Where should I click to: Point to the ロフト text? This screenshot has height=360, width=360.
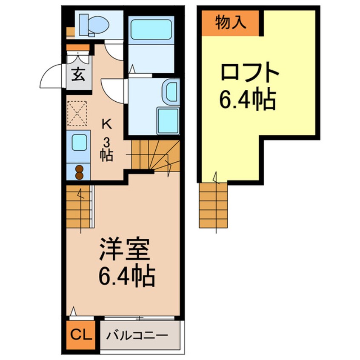(x=249, y=73)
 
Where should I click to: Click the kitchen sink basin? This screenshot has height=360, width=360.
(x=79, y=143)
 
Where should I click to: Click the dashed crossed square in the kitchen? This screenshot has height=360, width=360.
(x=77, y=113)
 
